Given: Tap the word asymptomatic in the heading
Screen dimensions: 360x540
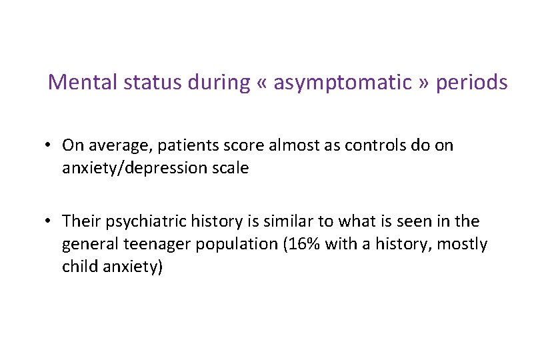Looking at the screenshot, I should tap(343, 83).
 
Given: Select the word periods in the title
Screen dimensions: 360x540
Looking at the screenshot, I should tap(471, 83).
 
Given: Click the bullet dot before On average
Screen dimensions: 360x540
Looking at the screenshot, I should tap(51, 145).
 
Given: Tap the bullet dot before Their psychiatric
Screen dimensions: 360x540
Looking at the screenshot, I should tap(51, 221).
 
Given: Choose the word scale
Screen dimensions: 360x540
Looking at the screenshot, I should tap(231, 168).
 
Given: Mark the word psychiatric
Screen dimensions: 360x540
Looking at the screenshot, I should tap(138, 221).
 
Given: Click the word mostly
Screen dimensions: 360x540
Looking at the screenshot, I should tap(463, 244).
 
